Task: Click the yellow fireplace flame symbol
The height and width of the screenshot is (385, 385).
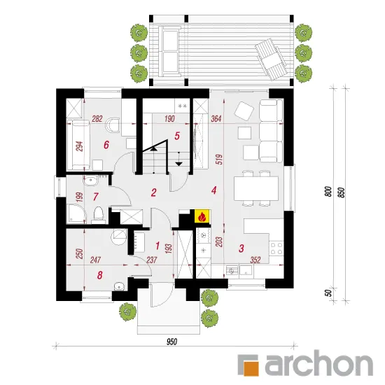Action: tap(202, 216)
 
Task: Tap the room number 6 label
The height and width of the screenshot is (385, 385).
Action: tap(106, 145)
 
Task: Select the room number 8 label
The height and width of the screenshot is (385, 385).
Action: tap(99, 275)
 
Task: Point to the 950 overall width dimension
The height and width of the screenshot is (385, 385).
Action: tap(171, 342)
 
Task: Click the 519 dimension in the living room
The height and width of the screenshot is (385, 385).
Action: tap(220, 159)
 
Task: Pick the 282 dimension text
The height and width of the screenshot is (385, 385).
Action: tap(97, 119)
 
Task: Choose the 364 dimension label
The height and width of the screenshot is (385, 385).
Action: tap(216, 119)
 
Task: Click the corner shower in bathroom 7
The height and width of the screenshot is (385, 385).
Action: tap(76, 213)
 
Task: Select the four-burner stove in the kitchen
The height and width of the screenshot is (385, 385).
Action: tap(276, 248)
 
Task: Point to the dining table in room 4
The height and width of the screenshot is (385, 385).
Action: tap(256, 188)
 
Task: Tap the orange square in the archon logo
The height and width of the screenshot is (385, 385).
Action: tap(251, 368)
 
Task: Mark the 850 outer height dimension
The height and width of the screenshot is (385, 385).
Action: tap(342, 192)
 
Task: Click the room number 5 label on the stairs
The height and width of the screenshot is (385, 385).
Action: tap(177, 136)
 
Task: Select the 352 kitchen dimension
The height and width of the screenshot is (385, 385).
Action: tap(255, 260)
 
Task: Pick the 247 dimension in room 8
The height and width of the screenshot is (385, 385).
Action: tap(95, 260)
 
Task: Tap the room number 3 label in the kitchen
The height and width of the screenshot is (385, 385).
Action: tap(241, 248)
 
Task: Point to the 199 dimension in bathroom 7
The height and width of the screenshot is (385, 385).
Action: tap(80, 197)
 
